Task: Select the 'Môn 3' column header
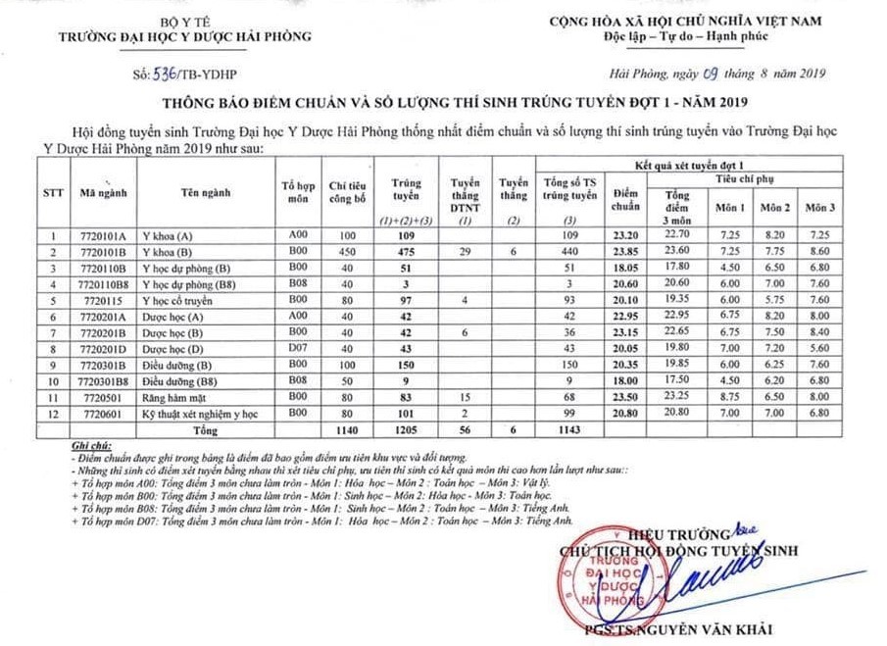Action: click(819, 208)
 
